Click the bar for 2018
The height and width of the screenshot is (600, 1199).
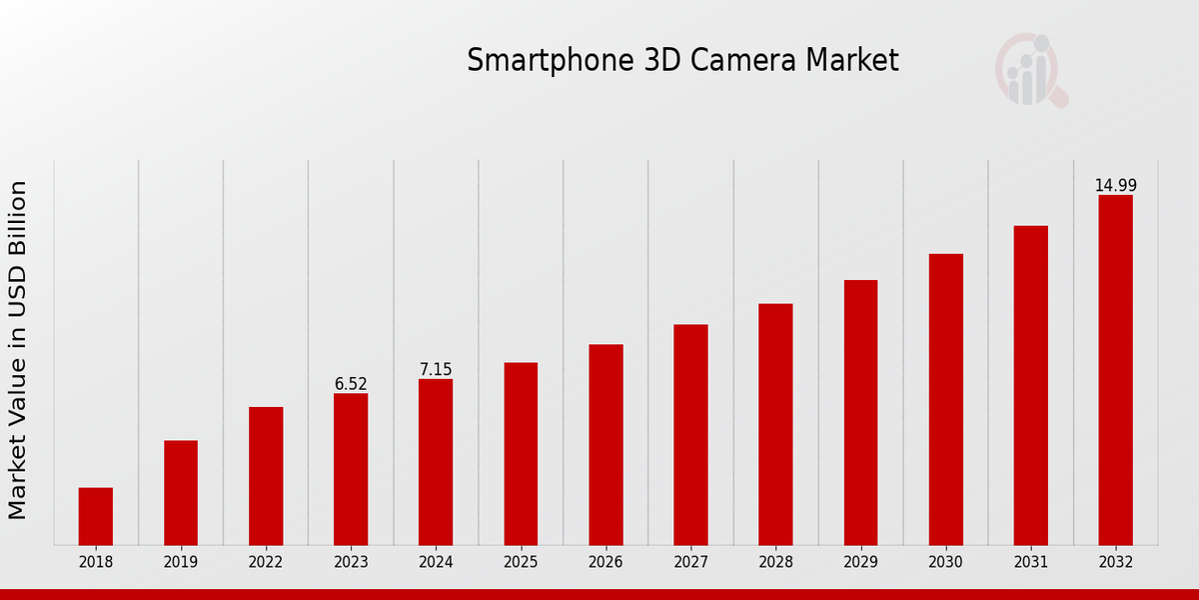point(96,516)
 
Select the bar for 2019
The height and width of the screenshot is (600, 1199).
point(181,492)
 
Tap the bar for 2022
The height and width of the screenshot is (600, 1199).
point(266,476)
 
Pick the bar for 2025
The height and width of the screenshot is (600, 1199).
point(521,453)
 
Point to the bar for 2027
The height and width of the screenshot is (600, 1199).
point(690,434)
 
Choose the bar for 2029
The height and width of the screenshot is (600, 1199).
point(860,412)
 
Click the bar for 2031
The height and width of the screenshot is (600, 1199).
point(1030,385)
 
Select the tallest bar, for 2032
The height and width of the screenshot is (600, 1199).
point(1115,370)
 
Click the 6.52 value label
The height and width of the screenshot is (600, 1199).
point(351,384)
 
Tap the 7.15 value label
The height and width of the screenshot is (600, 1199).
point(436,370)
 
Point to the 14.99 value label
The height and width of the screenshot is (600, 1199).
point(1115,186)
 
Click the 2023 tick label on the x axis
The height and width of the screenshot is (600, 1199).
point(351,562)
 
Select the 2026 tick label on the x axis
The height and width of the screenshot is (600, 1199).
point(605,562)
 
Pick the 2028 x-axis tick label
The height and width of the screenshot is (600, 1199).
point(775,562)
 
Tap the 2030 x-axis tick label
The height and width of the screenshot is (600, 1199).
point(945,562)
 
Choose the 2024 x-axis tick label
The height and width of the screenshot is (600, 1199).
point(436,562)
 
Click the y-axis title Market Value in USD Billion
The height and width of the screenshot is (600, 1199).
point(18,350)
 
